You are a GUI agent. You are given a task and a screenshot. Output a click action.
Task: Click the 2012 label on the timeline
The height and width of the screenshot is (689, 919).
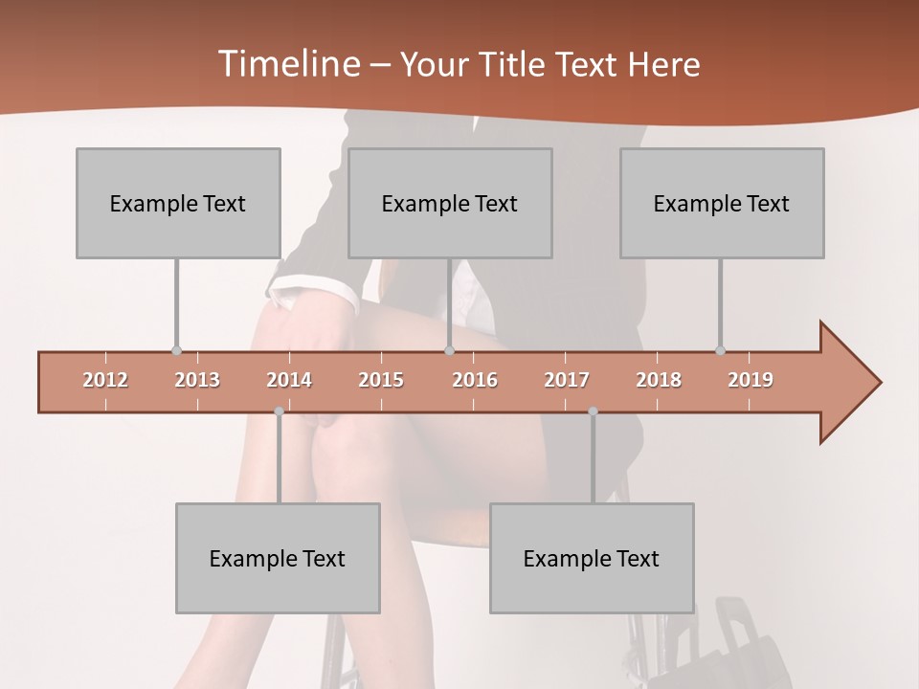pos(105,380)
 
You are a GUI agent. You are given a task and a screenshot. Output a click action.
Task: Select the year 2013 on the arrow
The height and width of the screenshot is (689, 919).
pos(197,380)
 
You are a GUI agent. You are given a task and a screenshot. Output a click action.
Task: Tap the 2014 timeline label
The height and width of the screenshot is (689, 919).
pos(289,380)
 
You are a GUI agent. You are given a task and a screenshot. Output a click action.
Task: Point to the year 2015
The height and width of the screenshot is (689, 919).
pos(381,380)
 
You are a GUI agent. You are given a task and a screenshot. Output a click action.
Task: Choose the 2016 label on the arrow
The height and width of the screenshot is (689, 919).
pos(475,380)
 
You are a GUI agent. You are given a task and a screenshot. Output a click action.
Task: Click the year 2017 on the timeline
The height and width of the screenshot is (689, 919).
pos(567,380)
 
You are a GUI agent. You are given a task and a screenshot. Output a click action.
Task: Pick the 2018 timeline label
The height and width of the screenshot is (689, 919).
pos(659,380)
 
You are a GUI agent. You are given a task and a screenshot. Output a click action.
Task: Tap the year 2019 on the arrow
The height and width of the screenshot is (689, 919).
pos(751,380)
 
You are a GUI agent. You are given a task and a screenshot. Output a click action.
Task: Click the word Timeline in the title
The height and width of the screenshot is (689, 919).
pos(287,64)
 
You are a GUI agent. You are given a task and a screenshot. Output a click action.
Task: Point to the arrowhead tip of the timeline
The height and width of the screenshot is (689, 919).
pos(879,383)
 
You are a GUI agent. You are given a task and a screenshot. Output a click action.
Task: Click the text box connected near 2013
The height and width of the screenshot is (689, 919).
pos(178,203)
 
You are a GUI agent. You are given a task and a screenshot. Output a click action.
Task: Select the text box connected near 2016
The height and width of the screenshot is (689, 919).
pos(450,203)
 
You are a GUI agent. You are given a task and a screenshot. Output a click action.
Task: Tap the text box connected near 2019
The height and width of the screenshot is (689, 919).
pos(722,203)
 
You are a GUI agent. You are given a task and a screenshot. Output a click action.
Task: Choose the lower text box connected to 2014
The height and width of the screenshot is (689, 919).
pos(278,558)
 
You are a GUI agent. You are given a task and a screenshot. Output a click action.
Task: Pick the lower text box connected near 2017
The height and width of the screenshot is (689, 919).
pos(592,558)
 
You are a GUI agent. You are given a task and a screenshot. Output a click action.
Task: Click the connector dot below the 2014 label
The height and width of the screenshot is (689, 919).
pos(279,411)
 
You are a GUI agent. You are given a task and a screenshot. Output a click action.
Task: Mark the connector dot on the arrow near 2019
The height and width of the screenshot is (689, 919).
pos(720,350)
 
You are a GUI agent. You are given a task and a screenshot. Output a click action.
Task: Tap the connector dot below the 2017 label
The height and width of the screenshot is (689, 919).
pos(593,411)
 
